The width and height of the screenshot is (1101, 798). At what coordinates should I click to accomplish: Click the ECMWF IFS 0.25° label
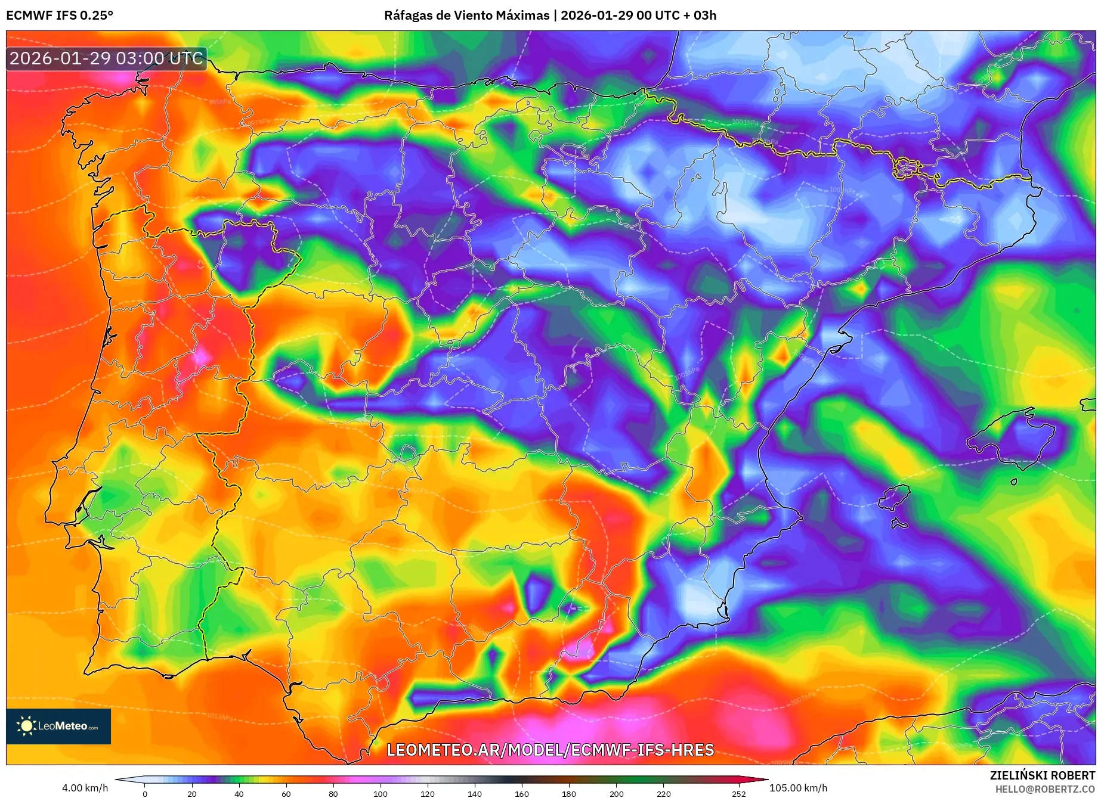(x=59, y=15)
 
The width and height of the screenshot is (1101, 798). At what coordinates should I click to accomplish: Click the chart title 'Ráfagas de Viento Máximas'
(x=466, y=15)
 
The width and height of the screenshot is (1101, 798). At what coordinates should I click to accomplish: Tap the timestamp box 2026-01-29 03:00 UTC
(x=106, y=58)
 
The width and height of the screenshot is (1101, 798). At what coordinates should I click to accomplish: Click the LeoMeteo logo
(x=58, y=726)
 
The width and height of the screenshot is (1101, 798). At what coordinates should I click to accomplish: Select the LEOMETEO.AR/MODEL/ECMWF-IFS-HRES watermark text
(x=550, y=750)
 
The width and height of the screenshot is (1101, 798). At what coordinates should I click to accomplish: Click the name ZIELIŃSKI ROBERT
(x=1042, y=775)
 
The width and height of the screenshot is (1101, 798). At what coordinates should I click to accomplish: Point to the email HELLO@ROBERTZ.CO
(x=1044, y=789)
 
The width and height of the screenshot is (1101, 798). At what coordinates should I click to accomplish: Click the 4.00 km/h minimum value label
(x=85, y=788)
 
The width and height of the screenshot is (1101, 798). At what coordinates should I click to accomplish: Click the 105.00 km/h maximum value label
(x=798, y=788)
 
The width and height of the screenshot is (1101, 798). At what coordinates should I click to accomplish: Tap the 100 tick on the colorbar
(x=381, y=793)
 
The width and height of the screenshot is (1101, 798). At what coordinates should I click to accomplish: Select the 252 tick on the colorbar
(x=739, y=793)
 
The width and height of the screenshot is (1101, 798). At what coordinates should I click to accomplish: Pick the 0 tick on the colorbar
(x=145, y=793)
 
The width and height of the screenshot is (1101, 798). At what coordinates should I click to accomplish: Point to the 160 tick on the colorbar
(x=522, y=793)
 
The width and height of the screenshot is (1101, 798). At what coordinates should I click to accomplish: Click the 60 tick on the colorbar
(x=286, y=793)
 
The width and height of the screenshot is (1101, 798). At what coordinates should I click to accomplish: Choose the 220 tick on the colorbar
(x=664, y=793)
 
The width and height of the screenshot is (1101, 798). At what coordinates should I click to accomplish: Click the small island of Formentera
(x=899, y=524)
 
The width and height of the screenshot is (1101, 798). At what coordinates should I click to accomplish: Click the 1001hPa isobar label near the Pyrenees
(x=746, y=123)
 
